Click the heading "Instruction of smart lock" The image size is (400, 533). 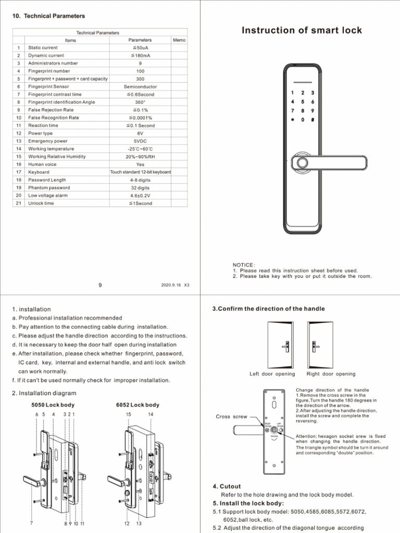(302, 30)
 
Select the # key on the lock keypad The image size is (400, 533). (312, 119)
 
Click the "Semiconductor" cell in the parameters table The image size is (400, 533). (140, 86)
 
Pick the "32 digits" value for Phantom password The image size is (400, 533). (140, 187)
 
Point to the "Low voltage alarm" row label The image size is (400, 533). (48, 195)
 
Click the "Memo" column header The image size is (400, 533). (179, 40)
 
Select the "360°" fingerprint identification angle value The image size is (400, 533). (140, 102)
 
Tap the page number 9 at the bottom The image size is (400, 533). (100, 285)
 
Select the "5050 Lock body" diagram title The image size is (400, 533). (53, 405)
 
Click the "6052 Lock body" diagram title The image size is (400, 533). (137, 405)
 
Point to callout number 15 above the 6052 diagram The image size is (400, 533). (128, 414)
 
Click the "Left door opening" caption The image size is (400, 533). (272, 374)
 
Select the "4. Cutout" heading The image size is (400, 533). (227, 486)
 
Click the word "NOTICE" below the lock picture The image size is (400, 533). (244, 265)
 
